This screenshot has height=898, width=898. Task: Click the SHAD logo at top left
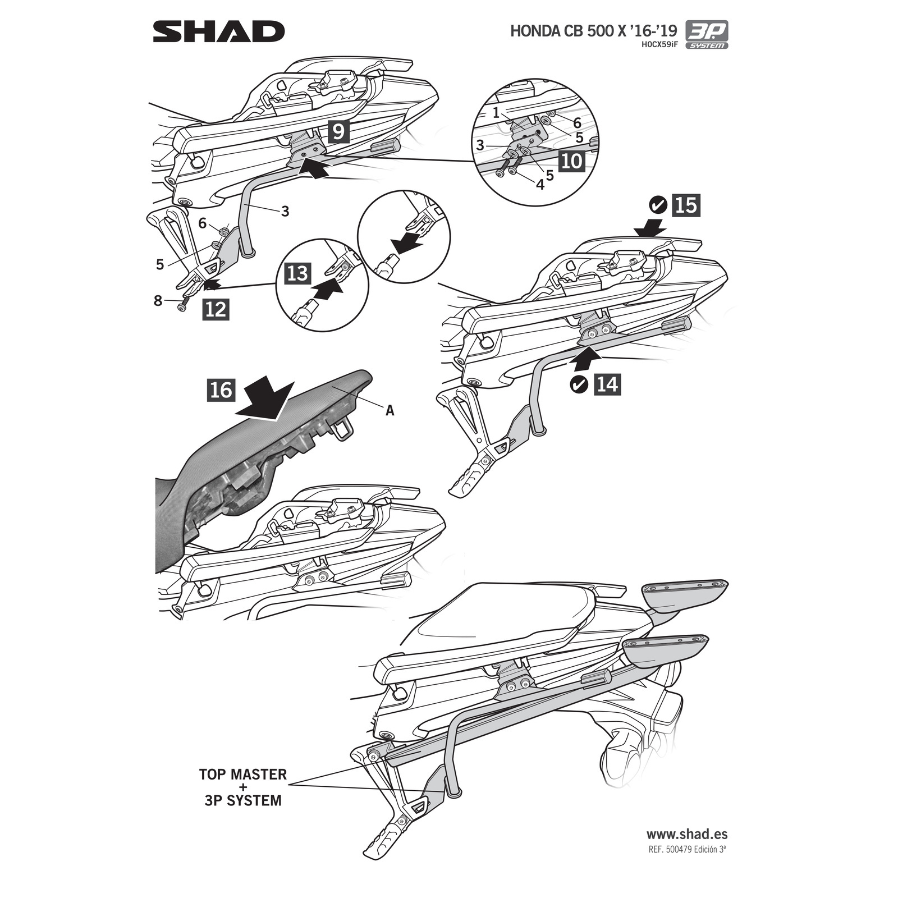point(218,32)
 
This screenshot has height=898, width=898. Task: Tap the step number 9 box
point(338,131)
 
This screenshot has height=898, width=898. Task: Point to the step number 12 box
point(216,309)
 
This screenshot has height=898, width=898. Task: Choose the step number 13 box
point(298,273)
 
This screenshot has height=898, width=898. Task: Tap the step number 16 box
point(221,390)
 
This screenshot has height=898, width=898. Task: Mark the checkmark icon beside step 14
point(578,384)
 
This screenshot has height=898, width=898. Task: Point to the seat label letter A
point(390,411)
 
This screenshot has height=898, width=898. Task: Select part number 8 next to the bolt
point(158,301)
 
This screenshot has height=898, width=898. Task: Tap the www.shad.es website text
point(686,835)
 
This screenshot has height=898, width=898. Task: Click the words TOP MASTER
point(242,775)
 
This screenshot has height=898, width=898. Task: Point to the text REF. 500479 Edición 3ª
point(687,850)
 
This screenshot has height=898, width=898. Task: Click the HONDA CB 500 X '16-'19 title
point(593,30)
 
